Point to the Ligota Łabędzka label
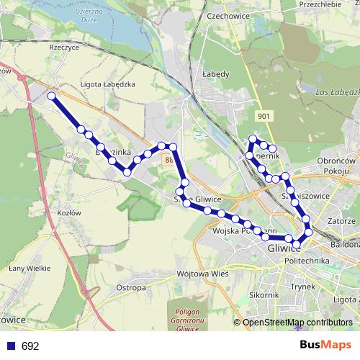[x=108, y=84]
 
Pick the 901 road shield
[x=264, y=116]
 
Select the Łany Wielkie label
[x=28, y=268]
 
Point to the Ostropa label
[x=130, y=287]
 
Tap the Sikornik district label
[x=264, y=294]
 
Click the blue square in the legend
[x=11, y=346]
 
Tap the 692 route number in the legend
[x=30, y=346]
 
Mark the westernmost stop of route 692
[x=51, y=96]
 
